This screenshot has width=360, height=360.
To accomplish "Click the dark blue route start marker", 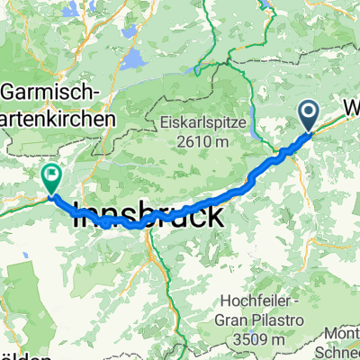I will [x=308, y=115].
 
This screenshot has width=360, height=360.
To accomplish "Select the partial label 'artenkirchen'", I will [x=58, y=118].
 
